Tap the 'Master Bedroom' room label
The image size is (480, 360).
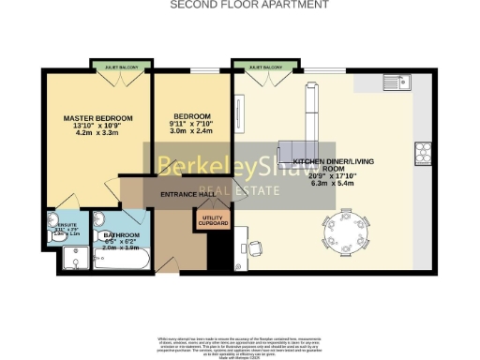click(x=97, y=118)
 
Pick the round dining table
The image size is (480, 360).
click(x=348, y=226)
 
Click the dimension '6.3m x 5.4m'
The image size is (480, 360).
click(x=334, y=184)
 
